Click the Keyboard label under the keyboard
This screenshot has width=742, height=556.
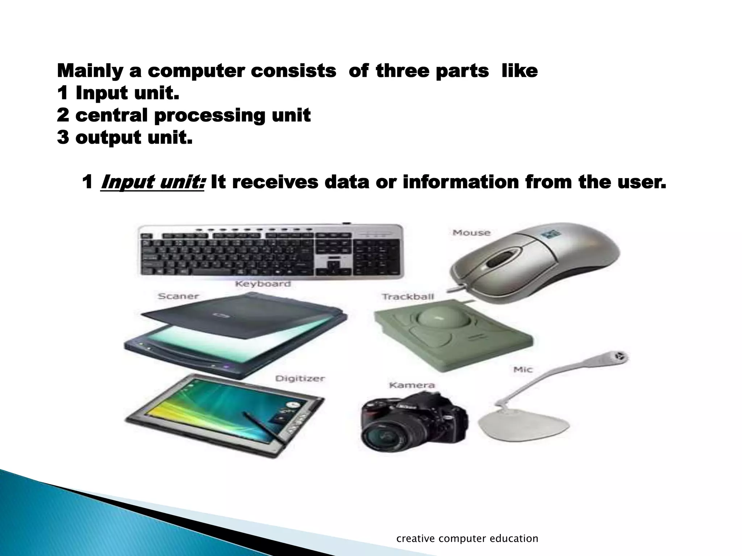click(x=263, y=284)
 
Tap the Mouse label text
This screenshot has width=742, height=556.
click(x=471, y=233)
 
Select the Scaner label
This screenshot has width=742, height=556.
click(x=178, y=296)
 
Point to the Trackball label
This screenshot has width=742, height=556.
click(x=408, y=297)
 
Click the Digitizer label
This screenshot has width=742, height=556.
click(x=300, y=379)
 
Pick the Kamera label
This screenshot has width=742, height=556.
click(x=412, y=385)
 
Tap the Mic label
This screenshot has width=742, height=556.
click(x=523, y=370)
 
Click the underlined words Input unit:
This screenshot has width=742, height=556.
click(x=153, y=182)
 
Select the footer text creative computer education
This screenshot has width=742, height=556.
click(x=467, y=539)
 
